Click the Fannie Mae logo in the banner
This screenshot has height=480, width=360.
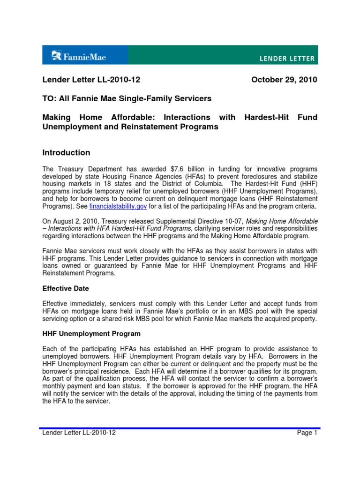(79, 57)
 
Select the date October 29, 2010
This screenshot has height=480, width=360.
(284, 80)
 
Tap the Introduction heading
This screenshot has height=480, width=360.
(66, 153)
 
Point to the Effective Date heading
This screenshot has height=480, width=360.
(66, 288)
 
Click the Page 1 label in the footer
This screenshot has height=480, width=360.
(307, 433)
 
